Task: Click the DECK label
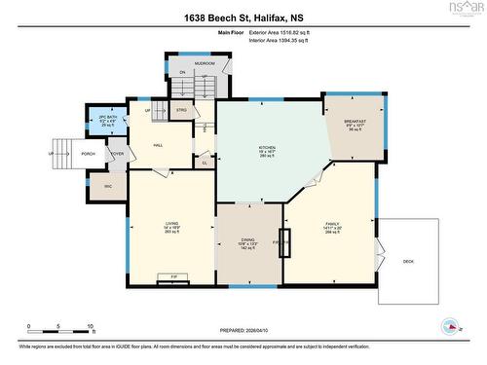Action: tap(407, 262)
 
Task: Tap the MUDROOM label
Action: tap(204, 62)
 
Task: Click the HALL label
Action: tap(158, 145)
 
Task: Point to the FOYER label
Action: tap(117, 153)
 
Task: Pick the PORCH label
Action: tap(89, 154)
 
